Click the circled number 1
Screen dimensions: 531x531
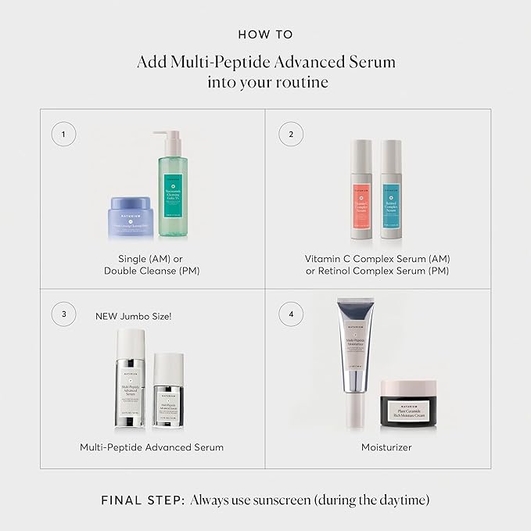pos(63,134)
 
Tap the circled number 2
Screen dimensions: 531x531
pos(291,134)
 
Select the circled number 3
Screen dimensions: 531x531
pos(63,314)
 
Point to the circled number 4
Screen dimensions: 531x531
pos(291,314)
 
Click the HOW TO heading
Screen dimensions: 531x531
pos(265,34)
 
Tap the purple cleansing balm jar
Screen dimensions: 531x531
pos(131,215)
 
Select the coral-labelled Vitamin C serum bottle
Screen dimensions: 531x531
pos(361,189)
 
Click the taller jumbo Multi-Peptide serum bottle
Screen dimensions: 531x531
pos(128,379)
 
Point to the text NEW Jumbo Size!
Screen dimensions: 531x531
pos(133,317)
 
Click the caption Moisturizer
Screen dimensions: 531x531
pos(386,447)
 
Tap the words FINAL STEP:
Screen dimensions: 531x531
pos(143,500)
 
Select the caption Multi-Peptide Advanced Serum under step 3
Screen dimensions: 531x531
pos(152,447)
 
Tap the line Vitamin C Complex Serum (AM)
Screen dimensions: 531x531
pos(378,258)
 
